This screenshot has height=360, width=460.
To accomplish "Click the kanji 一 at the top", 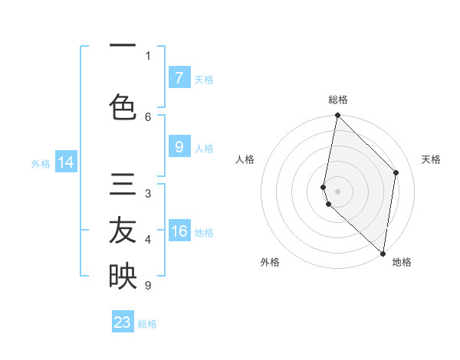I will click(x=123, y=47).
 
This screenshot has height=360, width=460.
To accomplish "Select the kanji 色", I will click(x=123, y=107).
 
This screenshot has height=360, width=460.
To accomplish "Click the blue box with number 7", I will click(x=179, y=78).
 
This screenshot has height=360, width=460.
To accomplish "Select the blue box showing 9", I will click(x=179, y=148).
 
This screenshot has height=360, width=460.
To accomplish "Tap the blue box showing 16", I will click(x=179, y=232).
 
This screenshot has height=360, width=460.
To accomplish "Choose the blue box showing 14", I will click(x=66, y=162).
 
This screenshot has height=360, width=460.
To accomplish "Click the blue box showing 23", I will click(x=123, y=322).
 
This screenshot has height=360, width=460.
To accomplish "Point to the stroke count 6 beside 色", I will click(x=148, y=116).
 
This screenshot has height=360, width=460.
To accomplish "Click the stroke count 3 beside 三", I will click(x=148, y=194).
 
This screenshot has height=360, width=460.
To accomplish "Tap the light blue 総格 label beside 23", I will click(x=147, y=324).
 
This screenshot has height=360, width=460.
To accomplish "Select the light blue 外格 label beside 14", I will click(x=41, y=163).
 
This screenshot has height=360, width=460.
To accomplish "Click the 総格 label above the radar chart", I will click(x=337, y=100).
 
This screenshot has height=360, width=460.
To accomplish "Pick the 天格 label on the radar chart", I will click(x=431, y=159).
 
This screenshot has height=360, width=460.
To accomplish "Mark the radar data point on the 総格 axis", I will click(x=337, y=116).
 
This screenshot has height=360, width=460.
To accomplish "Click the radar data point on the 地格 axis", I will click(x=383, y=254).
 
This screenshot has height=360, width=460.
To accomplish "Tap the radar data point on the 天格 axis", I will click(x=396, y=172).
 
